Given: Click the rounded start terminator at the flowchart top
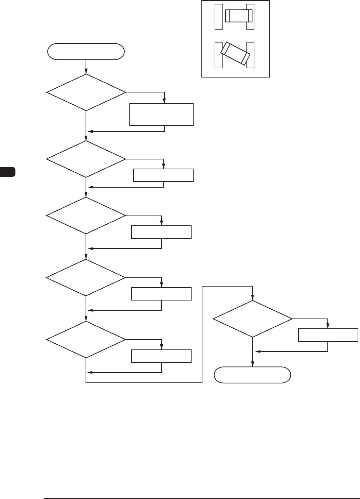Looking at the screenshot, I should point(86,52).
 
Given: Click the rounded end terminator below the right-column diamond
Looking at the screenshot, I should point(252,375).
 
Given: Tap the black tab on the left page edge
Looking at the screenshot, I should point(7,172).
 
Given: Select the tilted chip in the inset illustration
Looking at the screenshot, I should point(235,54).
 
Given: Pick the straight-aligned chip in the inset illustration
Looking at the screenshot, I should point(239,15).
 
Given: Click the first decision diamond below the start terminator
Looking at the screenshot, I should point(86,92).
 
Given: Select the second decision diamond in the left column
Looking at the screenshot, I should point(86,159).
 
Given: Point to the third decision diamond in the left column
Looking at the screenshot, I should point(86,216).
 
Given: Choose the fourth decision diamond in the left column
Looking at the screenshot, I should point(86,278).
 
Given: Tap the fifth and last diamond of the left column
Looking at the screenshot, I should point(86,340).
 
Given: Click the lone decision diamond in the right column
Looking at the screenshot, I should point(252,319).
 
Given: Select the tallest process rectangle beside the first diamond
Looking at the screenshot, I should point(161,115).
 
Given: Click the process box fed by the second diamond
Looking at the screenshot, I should point(163,175).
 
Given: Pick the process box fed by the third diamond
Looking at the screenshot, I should point(161,232).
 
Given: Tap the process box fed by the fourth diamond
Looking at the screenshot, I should point(161,294).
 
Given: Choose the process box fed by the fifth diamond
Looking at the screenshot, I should point(161,356).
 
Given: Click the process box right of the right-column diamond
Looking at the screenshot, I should point(328,335).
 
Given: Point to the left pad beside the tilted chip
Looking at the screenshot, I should point(219,55).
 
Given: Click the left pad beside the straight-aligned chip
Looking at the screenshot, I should point(219,17).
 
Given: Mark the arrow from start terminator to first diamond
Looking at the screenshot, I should point(86,67).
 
